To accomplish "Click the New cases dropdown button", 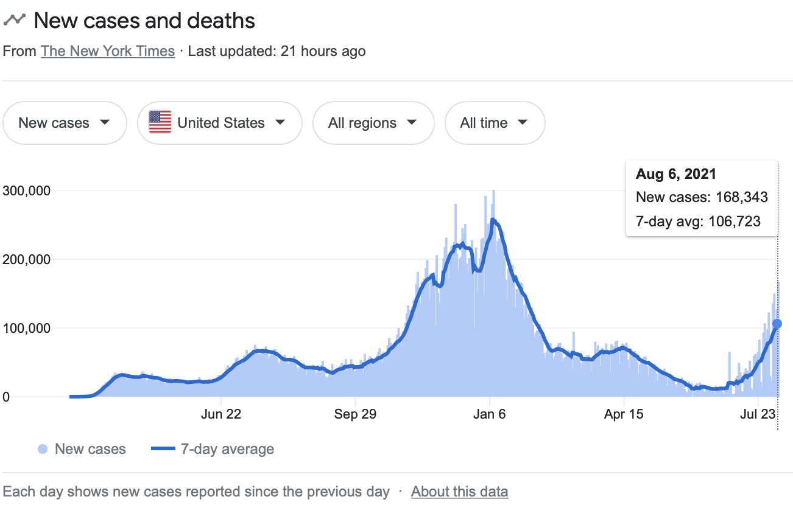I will point(65,123).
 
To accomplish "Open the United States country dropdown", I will point(219,123).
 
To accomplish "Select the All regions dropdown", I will point(373,123).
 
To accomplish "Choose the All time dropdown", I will point(495,123).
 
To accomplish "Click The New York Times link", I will point(108,51).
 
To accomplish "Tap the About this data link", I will point(459,491).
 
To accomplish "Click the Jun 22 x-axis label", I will point(221,414).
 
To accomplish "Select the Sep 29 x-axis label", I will point(355,414).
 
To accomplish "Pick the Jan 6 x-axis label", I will point(490,414).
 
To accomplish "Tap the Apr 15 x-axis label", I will point(624,414).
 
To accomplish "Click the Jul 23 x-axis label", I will point(758,414).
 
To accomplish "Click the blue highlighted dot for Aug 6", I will point(777,324).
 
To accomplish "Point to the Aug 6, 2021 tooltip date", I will point(676,174).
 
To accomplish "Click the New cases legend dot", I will point(42,450).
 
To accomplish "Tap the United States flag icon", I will point(160,122).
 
